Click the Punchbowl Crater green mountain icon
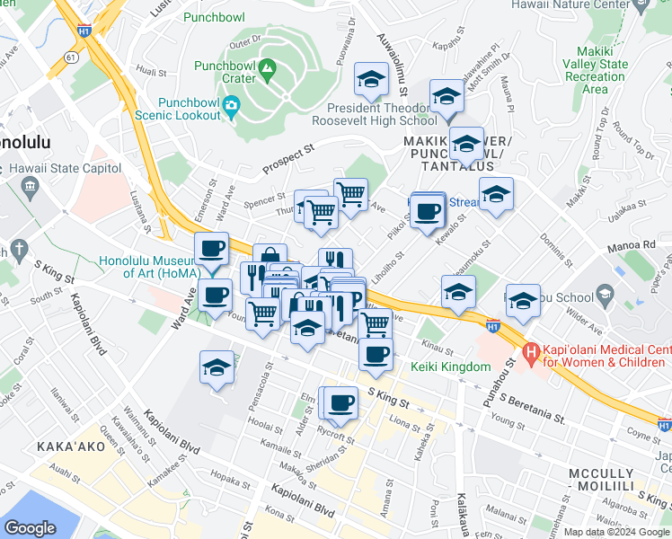tap(267, 68)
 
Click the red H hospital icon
tap(530, 354)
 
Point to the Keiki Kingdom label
tap(450, 367)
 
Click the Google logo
tap(31, 528)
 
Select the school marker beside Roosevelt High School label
tap(370, 81)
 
